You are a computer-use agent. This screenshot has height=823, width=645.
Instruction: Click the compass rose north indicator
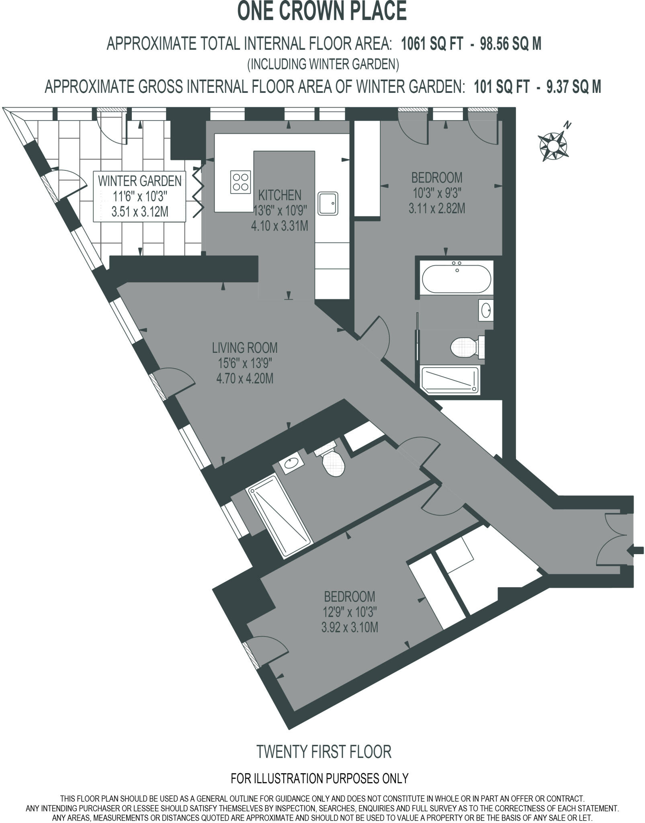coord(553,142)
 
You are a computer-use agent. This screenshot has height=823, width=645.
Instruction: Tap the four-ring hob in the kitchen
coord(241,182)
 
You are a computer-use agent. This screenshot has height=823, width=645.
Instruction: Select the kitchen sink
coord(328,203)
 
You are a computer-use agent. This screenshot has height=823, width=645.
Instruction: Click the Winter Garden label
coord(140,181)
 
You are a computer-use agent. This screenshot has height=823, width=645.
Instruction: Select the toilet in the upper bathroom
coord(466,347)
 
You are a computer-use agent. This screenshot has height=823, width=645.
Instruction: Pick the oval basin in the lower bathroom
coord(291,465)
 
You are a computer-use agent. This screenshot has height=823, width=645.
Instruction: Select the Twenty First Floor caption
coord(324,751)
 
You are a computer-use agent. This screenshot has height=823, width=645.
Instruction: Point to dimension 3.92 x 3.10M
coord(350,627)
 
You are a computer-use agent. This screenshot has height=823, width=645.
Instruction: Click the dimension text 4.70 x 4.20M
coord(245,379)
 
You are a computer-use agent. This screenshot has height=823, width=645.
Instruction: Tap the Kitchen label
coord(280,195)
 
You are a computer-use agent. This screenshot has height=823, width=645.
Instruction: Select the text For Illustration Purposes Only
coord(319,778)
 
